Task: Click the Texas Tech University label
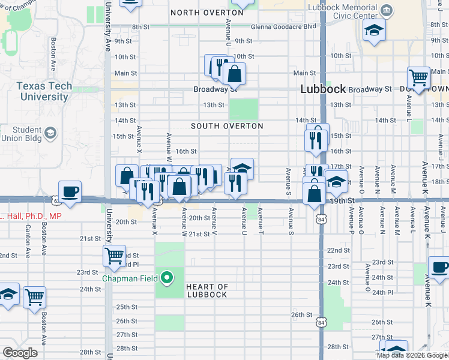click(44, 91)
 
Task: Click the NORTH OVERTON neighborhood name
click(199, 13)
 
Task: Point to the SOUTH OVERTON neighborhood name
click(227, 126)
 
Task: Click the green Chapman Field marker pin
click(168, 278)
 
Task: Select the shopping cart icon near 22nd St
click(113, 256)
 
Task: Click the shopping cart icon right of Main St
click(418, 77)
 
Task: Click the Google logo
click(19, 353)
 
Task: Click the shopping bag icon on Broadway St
click(234, 74)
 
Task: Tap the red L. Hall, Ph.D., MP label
click(31, 215)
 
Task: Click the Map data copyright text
click(411, 355)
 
